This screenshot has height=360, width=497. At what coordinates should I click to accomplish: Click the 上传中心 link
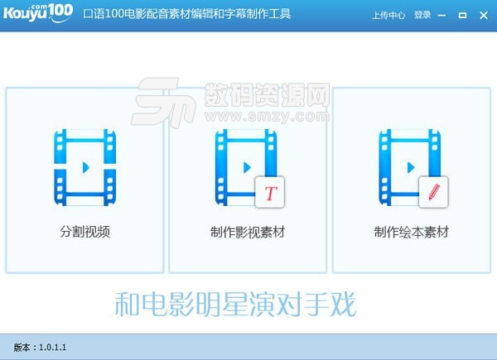click(388, 15)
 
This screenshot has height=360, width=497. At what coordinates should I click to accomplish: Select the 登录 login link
click(422, 15)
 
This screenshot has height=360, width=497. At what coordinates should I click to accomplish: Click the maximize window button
click(462, 15)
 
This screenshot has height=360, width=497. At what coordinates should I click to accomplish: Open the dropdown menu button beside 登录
click(441, 15)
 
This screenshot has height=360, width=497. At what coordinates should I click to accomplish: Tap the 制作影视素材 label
click(248, 232)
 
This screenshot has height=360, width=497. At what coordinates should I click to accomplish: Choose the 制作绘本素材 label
click(412, 232)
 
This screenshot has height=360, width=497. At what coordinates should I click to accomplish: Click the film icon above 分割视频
click(84, 166)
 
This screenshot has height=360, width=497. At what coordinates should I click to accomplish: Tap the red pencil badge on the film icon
click(432, 193)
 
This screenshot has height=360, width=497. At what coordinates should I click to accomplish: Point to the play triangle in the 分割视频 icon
click(85, 167)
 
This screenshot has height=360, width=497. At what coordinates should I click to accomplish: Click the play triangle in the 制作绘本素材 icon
click(409, 167)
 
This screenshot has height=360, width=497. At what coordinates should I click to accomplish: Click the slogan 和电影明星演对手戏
click(235, 305)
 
